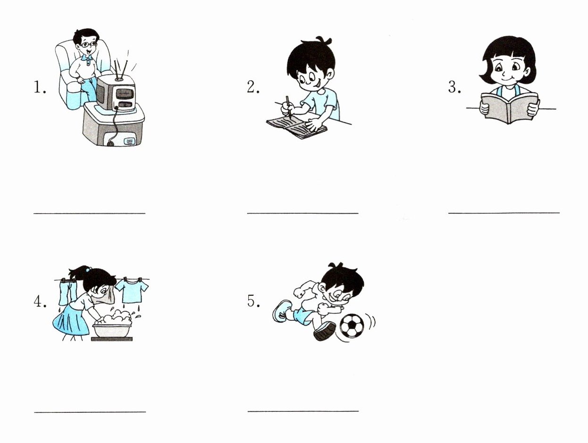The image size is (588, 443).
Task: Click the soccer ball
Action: pos(352,326)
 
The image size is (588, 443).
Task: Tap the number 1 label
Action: pos(40,87)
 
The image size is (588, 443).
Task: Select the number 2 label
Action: pos(253,87)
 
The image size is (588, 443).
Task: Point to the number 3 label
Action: pos(454,87)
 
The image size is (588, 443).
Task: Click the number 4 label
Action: pos(40,302)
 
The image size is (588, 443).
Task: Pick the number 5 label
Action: pos(253,301)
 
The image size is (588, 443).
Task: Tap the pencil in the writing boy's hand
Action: pos(288,108)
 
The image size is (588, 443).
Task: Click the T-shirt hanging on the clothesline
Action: pos(132,290)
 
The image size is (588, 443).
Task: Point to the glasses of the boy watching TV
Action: pos(88,44)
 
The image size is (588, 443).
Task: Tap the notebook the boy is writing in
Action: pos(297,127)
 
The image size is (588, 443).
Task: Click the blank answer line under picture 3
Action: pos(504,213)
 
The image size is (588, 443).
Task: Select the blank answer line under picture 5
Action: pos(303,411)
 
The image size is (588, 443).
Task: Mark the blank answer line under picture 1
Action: pos(90,213)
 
